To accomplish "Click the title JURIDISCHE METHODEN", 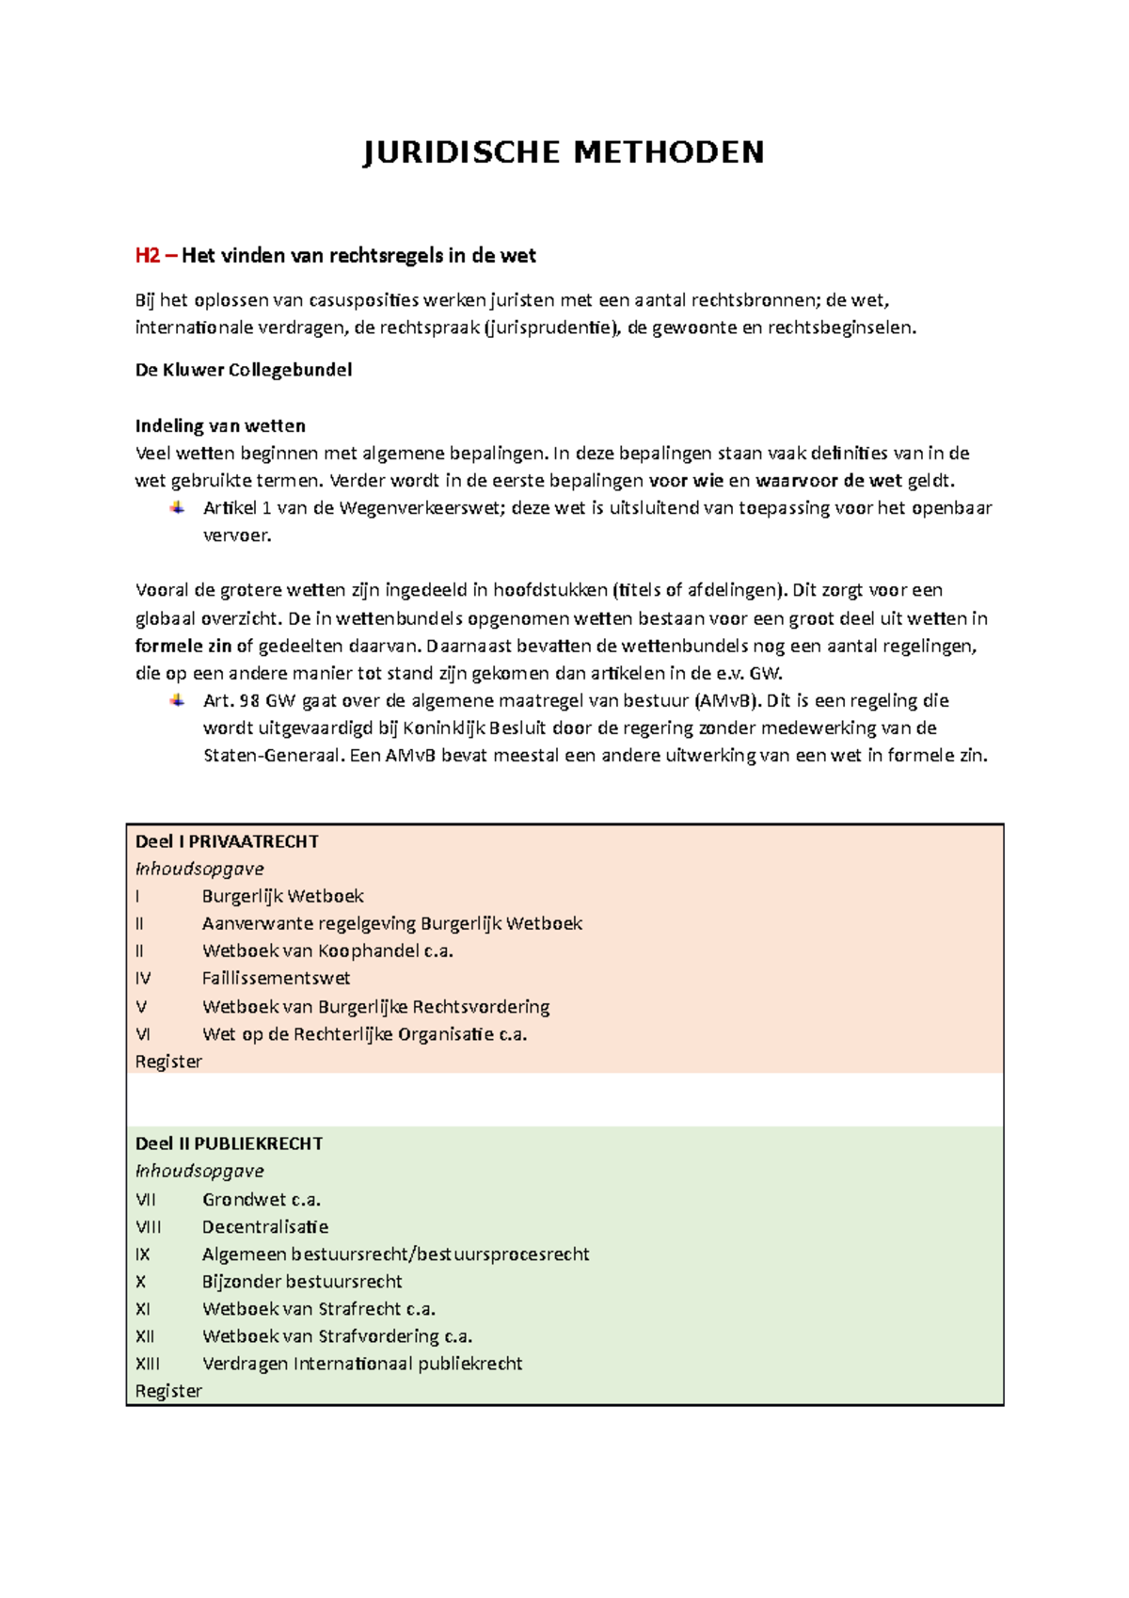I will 564,152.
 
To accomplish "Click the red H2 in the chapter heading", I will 147,256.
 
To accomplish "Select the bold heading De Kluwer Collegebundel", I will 244,370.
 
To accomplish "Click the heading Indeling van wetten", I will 220,425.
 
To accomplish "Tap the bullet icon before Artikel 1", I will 177,508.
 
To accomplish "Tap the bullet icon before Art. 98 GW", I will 177,700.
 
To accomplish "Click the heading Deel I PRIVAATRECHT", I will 227,841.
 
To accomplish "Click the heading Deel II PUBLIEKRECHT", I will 229,1143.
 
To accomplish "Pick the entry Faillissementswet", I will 276,979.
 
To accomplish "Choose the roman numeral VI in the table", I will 143,1034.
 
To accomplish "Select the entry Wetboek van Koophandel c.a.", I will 327,951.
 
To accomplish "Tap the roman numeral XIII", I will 148,1364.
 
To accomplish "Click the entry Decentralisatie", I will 265,1227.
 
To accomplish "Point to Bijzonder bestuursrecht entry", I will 302,1282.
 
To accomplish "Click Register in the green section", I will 168,1391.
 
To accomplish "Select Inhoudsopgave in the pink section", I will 199,869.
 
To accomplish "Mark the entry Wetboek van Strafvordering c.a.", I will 337,1336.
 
